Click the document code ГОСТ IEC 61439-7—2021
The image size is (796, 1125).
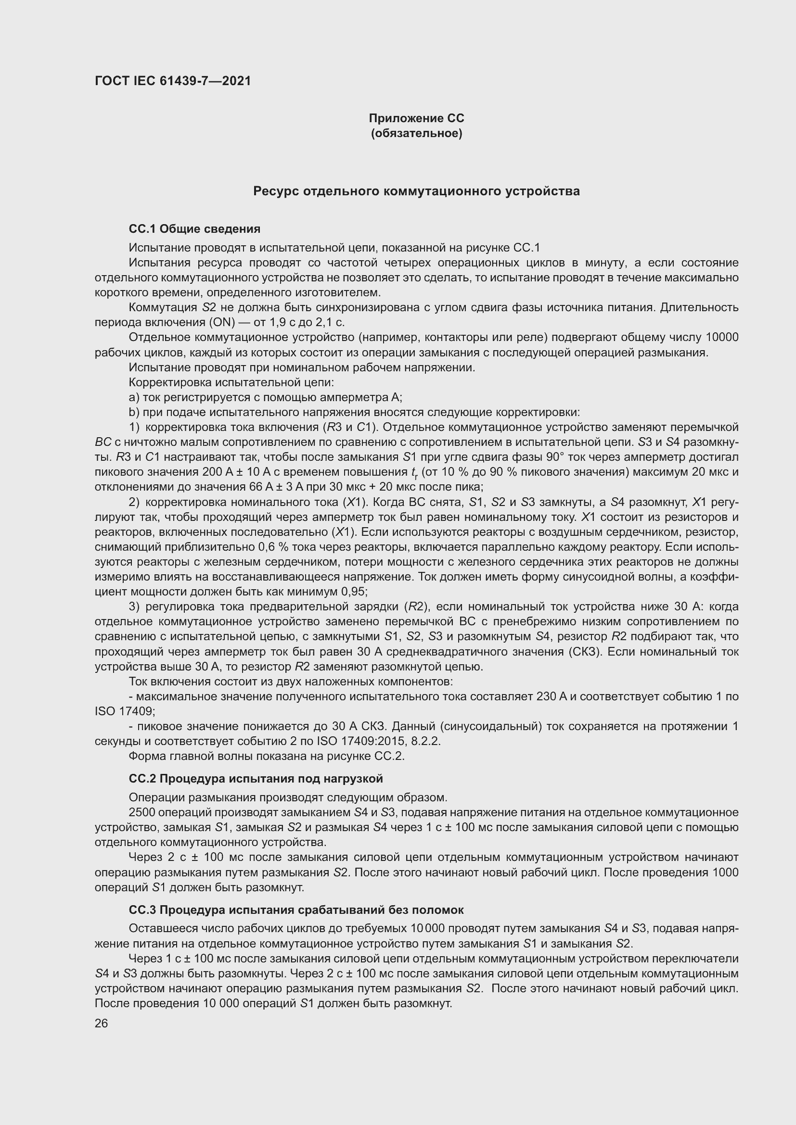click(173, 81)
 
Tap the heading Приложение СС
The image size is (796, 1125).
click(416, 118)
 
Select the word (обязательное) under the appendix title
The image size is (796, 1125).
click(416, 133)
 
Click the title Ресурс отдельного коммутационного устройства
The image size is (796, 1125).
click(416, 191)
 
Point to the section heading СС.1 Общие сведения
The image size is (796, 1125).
click(194, 229)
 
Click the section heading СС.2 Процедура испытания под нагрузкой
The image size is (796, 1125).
click(256, 779)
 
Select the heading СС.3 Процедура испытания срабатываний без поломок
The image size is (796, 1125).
click(296, 910)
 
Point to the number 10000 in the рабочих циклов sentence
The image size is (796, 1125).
click(721, 338)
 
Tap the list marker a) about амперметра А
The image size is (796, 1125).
click(134, 397)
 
